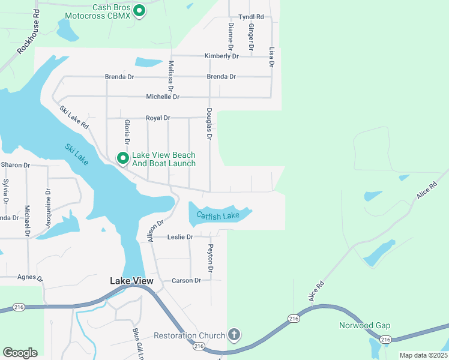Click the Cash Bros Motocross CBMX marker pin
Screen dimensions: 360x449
tap(139, 10)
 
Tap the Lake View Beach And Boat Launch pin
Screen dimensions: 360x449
tap(123, 158)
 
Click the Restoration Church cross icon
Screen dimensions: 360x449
tap(234, 335)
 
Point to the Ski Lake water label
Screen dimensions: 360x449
tap(76, 155)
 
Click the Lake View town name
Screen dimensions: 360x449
tap(131, 281)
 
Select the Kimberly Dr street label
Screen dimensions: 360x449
tap(221, 56)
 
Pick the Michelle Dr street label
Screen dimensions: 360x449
tap(163, 97)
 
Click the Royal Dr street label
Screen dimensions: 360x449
tap(158, 118)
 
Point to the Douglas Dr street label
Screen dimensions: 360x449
tap(209, 124)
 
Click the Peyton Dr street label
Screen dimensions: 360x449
tap(211, 258)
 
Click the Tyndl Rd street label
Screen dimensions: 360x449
tap(251, 17)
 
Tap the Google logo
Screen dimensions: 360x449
tap(20, 353)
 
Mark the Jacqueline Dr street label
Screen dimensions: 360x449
tap(48, 208)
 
